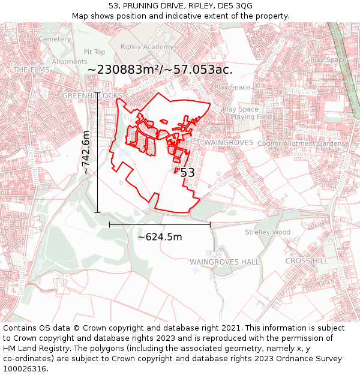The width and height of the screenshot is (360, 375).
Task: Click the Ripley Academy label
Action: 147,47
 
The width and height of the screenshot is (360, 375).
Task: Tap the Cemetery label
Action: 55,39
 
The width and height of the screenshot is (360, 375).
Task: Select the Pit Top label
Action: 94,52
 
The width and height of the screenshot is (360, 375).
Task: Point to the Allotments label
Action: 70,61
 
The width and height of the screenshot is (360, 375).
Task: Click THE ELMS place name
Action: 31,70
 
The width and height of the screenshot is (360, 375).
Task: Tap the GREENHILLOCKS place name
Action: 93,96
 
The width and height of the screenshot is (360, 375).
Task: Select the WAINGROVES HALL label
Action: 224,262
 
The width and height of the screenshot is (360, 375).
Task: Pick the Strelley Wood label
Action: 268,232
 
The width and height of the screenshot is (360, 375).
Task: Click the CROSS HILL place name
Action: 307,261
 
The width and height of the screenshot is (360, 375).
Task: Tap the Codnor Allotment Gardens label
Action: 301,143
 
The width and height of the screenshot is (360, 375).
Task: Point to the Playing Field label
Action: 251,117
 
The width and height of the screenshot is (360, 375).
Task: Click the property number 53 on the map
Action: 187,173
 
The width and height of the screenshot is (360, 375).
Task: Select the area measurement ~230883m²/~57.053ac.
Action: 160,70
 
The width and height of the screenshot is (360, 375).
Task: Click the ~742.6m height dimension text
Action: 87,152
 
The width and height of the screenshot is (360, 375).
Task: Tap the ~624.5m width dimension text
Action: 160,236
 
